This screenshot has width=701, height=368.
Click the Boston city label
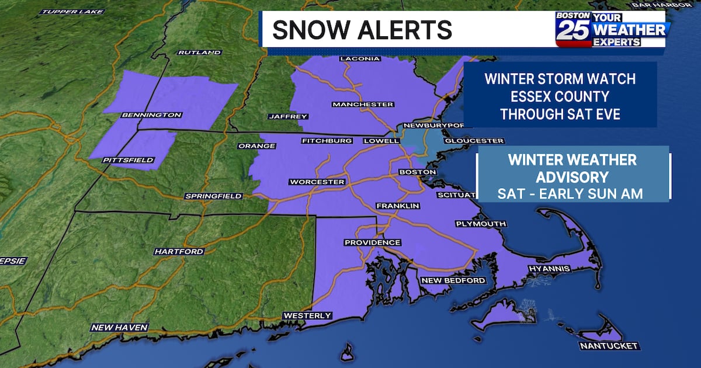[x=417, y=172]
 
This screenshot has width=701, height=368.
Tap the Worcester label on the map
[x=317, y=182]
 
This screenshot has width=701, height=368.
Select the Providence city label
[x=372, y=242]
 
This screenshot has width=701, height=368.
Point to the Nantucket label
[x=609, y=346]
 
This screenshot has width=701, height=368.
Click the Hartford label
[x=179, y=252]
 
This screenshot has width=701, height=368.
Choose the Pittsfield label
[x=128, y=160]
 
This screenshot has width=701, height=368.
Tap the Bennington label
[x=151, y=115]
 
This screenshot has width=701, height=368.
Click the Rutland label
[x=199, y=53]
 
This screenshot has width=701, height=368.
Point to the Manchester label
[x=362, y=105]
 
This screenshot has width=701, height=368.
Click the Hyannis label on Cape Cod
[x=549, y=269]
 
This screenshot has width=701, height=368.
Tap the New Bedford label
[x=453, y=281]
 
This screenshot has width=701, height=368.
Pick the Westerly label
[x=307, y=316]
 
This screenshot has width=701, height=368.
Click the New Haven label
[x=119, y=328]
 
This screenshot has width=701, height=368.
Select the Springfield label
[x=213, y=196]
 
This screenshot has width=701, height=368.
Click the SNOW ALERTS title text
[x=362, y=30]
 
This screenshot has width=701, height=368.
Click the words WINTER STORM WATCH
[x=560, y=78]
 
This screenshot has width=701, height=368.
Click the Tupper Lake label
[x=73, y=12]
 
